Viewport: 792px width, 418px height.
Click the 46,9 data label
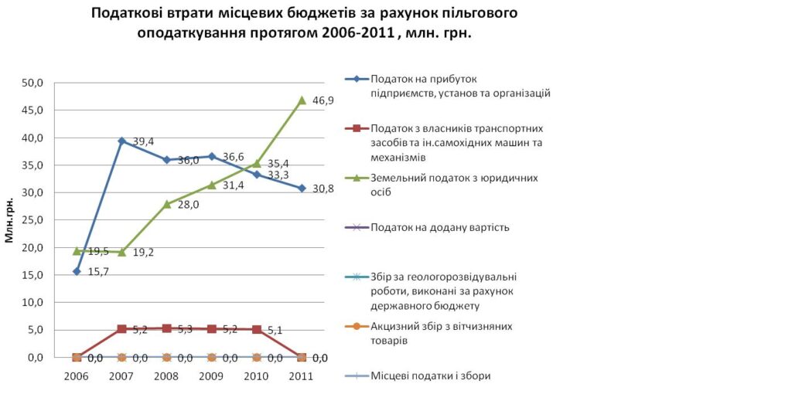pos(323,101)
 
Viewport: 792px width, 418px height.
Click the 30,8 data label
pos(323,189)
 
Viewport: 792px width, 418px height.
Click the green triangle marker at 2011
pos(302,100)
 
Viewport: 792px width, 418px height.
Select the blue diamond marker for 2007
pos(121,141)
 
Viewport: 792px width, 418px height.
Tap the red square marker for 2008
pos(166,328)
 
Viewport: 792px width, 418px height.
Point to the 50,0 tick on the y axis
pos(40,83)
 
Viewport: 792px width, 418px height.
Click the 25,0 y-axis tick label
pos(40,220)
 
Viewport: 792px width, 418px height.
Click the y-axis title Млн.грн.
pos(10,219)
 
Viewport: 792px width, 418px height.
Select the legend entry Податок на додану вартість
pos(439,227)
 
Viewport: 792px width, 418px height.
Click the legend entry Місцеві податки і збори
pos(431,376)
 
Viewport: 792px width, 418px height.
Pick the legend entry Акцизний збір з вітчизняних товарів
pos(442,333)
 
